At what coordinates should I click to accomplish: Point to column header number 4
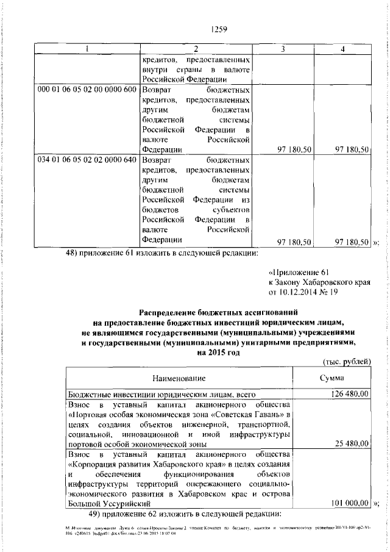(343, 49)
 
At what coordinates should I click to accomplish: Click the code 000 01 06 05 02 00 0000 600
(87, 90)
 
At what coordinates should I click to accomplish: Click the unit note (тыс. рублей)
(345, 362)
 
